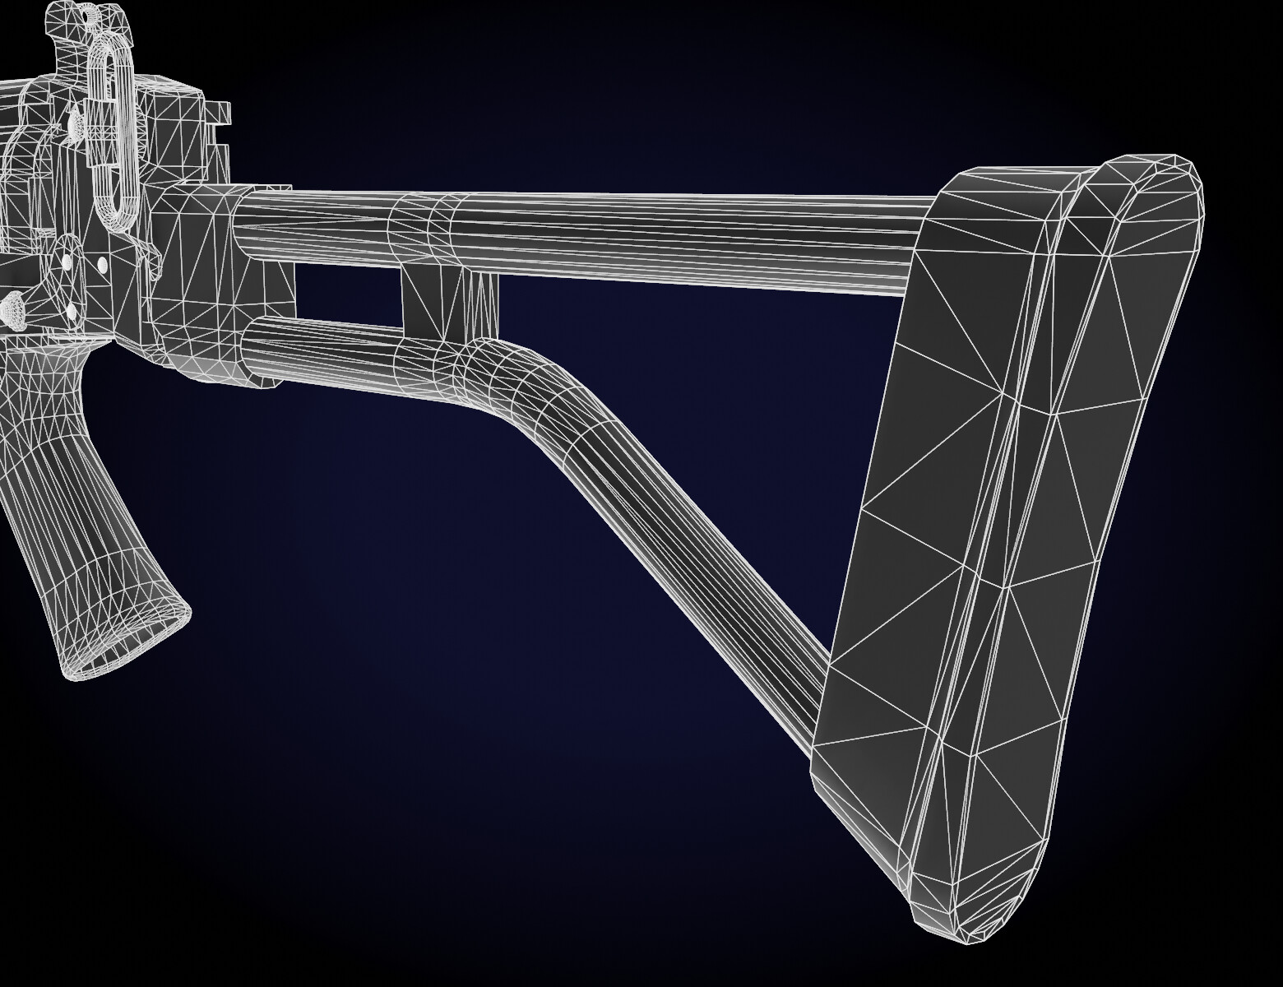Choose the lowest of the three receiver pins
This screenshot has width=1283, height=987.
pos(70,311)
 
